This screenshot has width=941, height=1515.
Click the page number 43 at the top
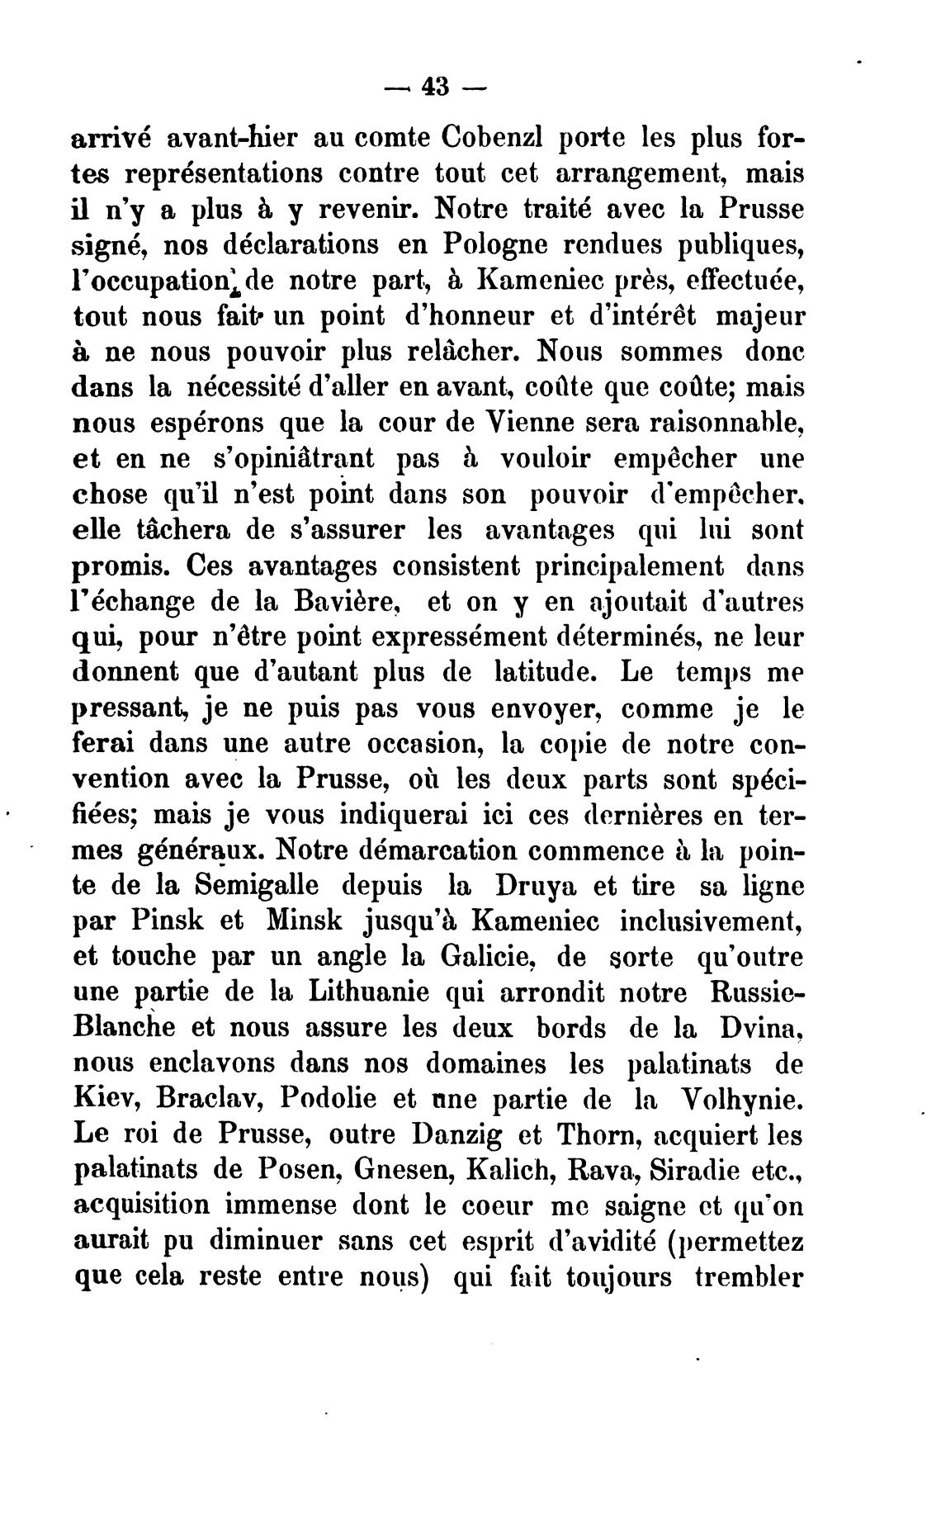click(434, 87)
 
